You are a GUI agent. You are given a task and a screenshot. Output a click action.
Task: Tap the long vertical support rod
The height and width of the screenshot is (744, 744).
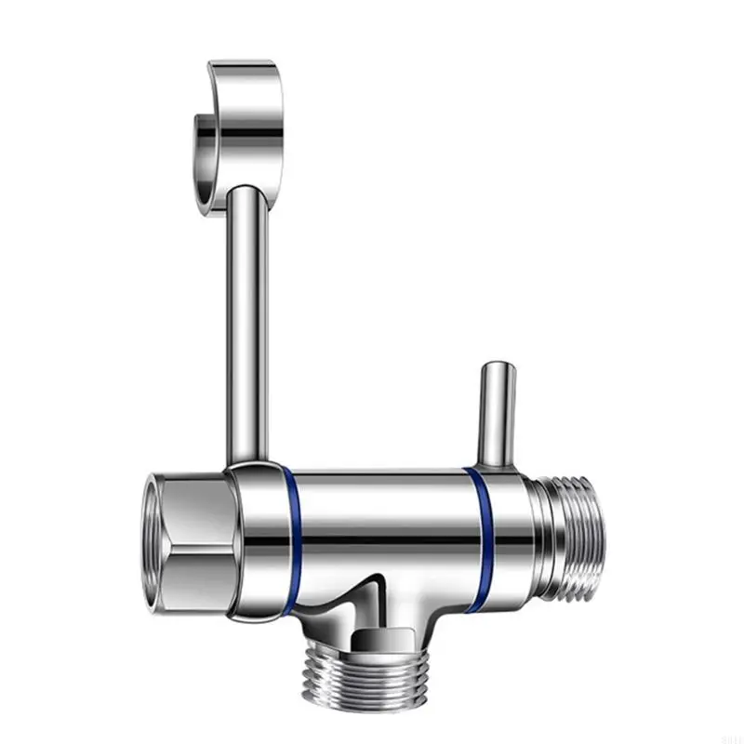click(x=248, y=316)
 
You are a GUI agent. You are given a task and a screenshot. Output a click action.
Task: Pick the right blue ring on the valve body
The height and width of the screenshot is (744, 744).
click(x=482, y=539)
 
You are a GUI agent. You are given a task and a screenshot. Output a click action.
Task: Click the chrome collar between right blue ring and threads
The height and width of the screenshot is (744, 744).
click(x=511, y=539)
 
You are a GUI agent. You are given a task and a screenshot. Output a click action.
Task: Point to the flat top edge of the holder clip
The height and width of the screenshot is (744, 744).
click(x=242, y=67)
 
